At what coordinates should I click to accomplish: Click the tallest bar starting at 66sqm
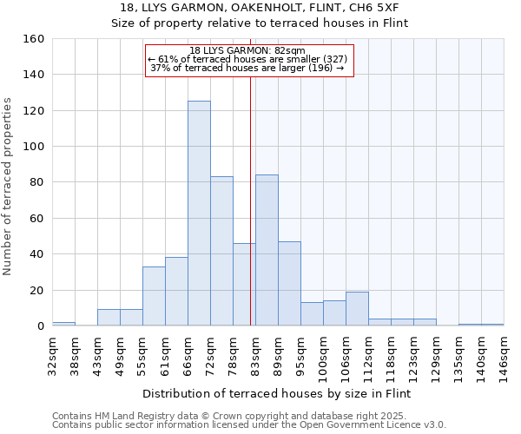point(199,214)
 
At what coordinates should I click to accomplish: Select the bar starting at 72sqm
point(221,251)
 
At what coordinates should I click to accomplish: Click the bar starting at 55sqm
point(154,296)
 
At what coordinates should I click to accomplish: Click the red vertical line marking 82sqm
point(251,200)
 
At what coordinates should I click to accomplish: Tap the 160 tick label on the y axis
point(34,39)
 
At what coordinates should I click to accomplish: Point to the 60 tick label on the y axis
point(37,219)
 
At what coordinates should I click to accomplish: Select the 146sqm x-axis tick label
point(504,353)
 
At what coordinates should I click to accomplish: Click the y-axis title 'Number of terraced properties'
point(9,186)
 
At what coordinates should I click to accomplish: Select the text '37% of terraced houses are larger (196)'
point(247,68)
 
